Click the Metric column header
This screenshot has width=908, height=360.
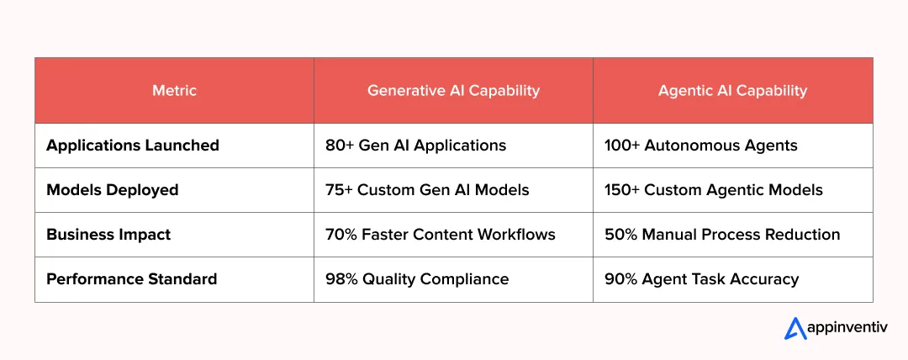pos(174,91)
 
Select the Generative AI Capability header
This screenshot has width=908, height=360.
pos(453,91)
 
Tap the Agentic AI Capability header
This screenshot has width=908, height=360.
pos(732,91)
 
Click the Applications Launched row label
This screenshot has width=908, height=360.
pos(133,146)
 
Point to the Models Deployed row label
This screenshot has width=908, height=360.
pos(113,190)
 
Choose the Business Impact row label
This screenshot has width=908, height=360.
pos(108,235)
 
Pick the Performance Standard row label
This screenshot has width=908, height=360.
pos(132,279)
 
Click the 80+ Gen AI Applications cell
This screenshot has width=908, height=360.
pos(415,146)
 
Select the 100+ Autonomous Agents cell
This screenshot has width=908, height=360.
pos(700,146)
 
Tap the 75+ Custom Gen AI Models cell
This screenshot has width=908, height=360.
pos(427,190)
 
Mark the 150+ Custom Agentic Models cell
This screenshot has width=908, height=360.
pos(713,190)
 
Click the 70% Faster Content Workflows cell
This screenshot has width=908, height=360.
pos(440,235)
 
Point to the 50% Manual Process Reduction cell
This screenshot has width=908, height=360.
pos(722,235)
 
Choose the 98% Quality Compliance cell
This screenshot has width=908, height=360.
pos(417,279)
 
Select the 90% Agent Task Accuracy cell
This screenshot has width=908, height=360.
pos(701,279)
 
